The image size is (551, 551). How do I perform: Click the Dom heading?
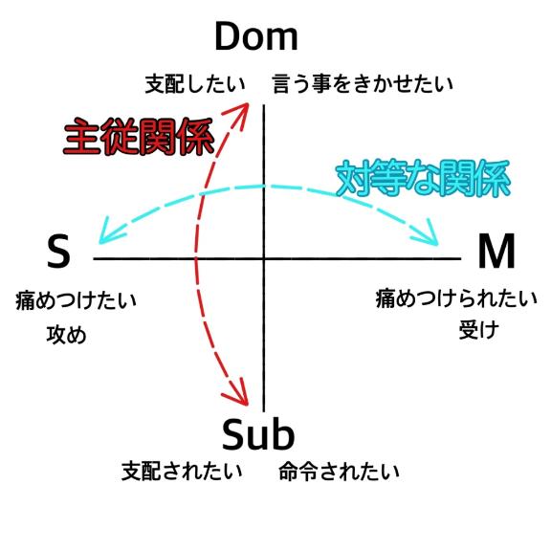(256, 36)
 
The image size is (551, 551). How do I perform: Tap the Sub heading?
(258, 434)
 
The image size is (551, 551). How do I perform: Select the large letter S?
(58, 251)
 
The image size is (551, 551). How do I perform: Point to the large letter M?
(496, 251)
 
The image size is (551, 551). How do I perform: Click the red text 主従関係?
(139, 137)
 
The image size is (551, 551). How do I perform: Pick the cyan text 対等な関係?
(423, 178)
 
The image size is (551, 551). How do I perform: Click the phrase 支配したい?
(195, 84)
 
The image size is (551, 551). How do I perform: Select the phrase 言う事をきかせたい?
(363, 84)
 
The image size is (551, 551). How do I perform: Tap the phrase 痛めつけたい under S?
(76, 300)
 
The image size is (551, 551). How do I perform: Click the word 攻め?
(66, 334)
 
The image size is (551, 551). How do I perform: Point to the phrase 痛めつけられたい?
(456, 299)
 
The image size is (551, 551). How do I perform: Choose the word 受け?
(479, 330)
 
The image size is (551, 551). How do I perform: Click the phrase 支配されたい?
(182, 472)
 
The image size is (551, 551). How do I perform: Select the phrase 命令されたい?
(339, 472)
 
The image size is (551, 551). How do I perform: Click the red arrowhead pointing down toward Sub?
(237, 393)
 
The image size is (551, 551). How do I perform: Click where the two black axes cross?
(264, 258)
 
